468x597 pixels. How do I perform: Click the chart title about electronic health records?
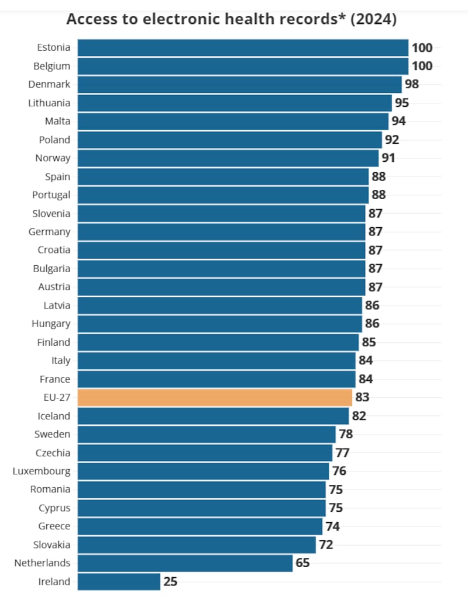tap(232, 19)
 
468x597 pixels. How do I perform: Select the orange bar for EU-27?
tap(215, 397)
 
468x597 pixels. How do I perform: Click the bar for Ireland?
tap(119, 581)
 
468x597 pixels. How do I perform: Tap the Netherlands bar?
tap(185, 563)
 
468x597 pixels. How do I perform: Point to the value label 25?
tap(170, 581)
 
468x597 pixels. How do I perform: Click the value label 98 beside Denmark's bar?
tap(412, 84)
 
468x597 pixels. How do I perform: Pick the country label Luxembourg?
tap(42, 471)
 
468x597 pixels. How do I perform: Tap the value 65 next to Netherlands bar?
tap(302, 563)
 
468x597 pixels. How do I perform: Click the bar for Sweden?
tap(207, 434)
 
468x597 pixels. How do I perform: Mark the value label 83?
tap(362, 397)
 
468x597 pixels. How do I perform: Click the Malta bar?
tap(233, 121)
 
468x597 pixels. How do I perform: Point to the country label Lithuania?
tap(49, 103)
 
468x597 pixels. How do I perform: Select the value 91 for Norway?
tap(388, 158)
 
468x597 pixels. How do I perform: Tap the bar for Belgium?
tap(243, 66)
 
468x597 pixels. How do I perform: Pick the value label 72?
tap(326, 544)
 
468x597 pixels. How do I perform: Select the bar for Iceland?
tap(213, 416)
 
